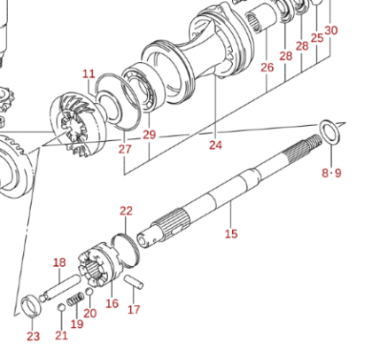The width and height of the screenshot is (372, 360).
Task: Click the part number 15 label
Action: coord(231,234)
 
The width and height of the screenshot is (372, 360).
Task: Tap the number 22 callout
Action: coord(126,211)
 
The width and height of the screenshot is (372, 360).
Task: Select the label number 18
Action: coord(59,262)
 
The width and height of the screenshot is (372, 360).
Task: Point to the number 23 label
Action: coord(33,336)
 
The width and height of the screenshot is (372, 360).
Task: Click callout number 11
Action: coord(89,74)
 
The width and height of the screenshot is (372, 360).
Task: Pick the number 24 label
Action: coord(215,145)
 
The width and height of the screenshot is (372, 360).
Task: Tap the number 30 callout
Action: coord(331,30)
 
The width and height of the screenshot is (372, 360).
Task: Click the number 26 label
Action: coord(267,67)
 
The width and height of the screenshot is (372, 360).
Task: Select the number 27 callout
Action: coord(125,149)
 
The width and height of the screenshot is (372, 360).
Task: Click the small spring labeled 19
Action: coord(74,300)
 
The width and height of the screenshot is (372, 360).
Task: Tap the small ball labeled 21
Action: coord(61,308)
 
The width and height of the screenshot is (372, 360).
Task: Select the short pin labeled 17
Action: coord(134,282)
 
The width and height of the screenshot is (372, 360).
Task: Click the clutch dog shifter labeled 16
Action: coord(97,264)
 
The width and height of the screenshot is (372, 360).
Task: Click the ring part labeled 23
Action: coord(31,306)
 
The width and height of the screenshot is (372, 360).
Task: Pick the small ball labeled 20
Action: coord(89,292)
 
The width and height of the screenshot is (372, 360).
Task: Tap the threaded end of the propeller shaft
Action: coord(314,141)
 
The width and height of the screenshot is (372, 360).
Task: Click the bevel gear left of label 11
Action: coord(77,124)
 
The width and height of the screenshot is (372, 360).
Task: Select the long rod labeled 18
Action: coord(60,288)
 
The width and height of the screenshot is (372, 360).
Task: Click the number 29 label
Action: coord(149,135)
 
